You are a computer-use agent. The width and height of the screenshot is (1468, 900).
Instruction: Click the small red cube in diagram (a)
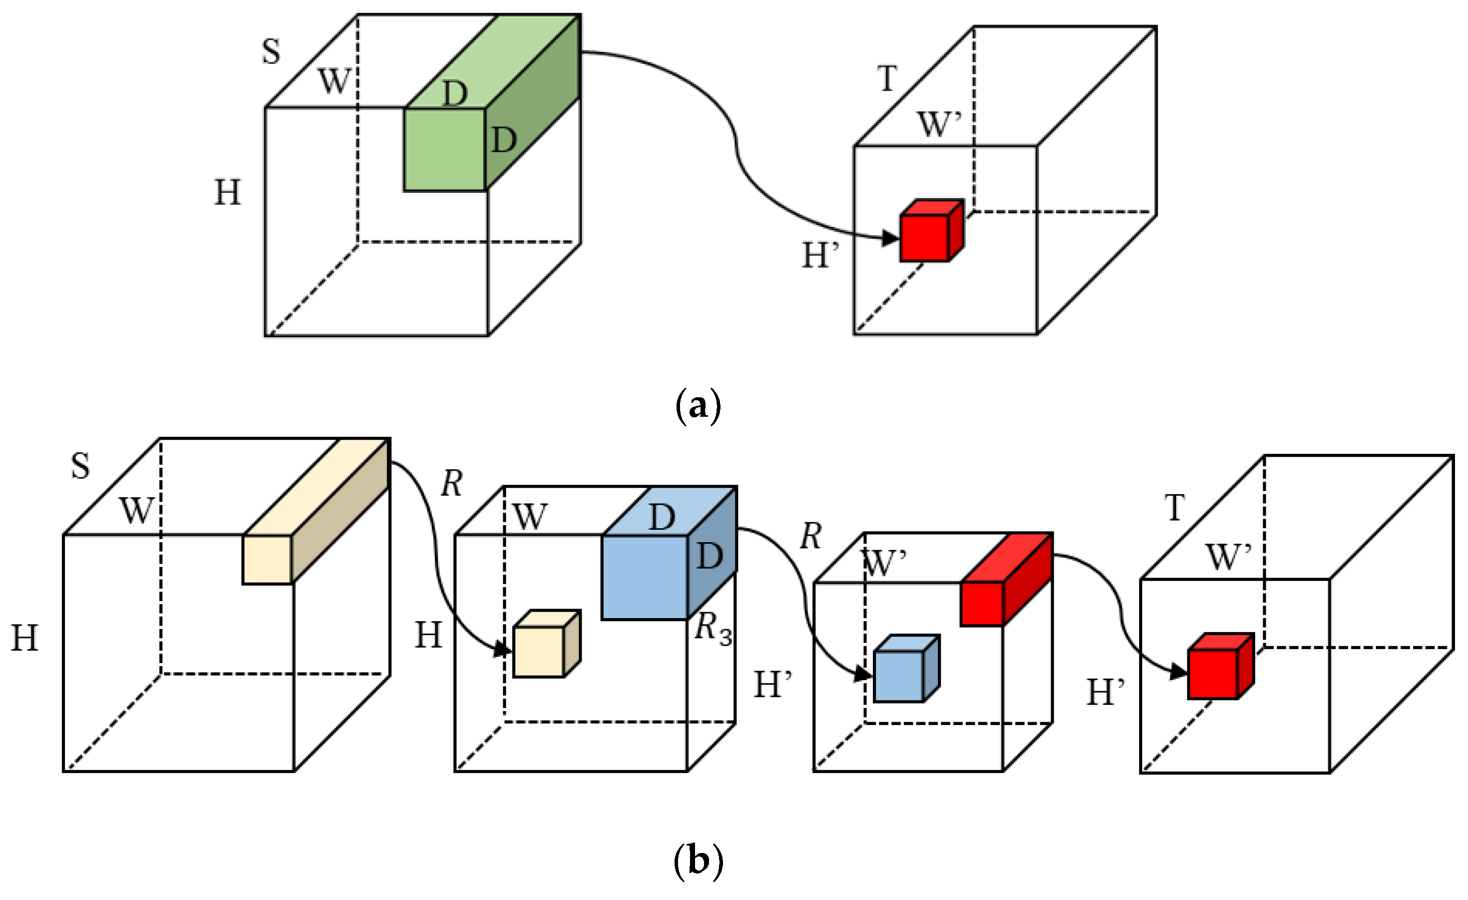click(925, 237)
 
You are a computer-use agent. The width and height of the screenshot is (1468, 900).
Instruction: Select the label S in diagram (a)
click(271, 51)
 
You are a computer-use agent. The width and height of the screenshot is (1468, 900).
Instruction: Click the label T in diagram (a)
click(887, 78)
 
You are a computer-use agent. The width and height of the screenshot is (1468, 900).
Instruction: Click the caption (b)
click(698, 861)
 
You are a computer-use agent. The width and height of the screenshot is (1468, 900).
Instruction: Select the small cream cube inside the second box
click(539, 652)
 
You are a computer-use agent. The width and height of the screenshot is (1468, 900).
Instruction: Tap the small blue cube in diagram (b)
click(899, 676)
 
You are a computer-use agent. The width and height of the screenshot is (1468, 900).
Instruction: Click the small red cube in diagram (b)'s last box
click(1213, 674)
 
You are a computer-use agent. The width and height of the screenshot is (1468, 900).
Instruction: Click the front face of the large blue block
click(645, 577)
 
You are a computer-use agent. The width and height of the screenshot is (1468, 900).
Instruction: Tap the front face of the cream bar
click(267, 559)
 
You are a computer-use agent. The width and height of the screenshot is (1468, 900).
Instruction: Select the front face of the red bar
click(982, 604)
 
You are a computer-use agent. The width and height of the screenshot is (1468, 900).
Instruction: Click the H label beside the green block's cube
click(227, 192)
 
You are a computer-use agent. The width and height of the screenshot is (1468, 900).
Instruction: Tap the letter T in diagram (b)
click(1174, 508)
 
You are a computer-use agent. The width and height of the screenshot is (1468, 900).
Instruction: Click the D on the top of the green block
click(455, 93)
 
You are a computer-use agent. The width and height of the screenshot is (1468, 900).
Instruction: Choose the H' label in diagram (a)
click(820, 255)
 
